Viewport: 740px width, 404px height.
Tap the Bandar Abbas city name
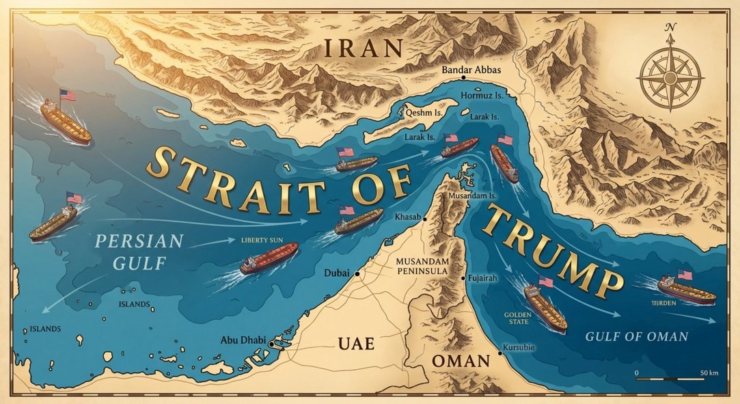472,70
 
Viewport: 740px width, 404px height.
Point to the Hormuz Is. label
482,96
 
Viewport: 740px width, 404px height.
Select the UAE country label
356,343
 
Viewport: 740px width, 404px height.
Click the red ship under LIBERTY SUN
269,259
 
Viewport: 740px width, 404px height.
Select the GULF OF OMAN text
636,336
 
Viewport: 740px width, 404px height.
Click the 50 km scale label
709,373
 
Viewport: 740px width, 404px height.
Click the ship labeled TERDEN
686,292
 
